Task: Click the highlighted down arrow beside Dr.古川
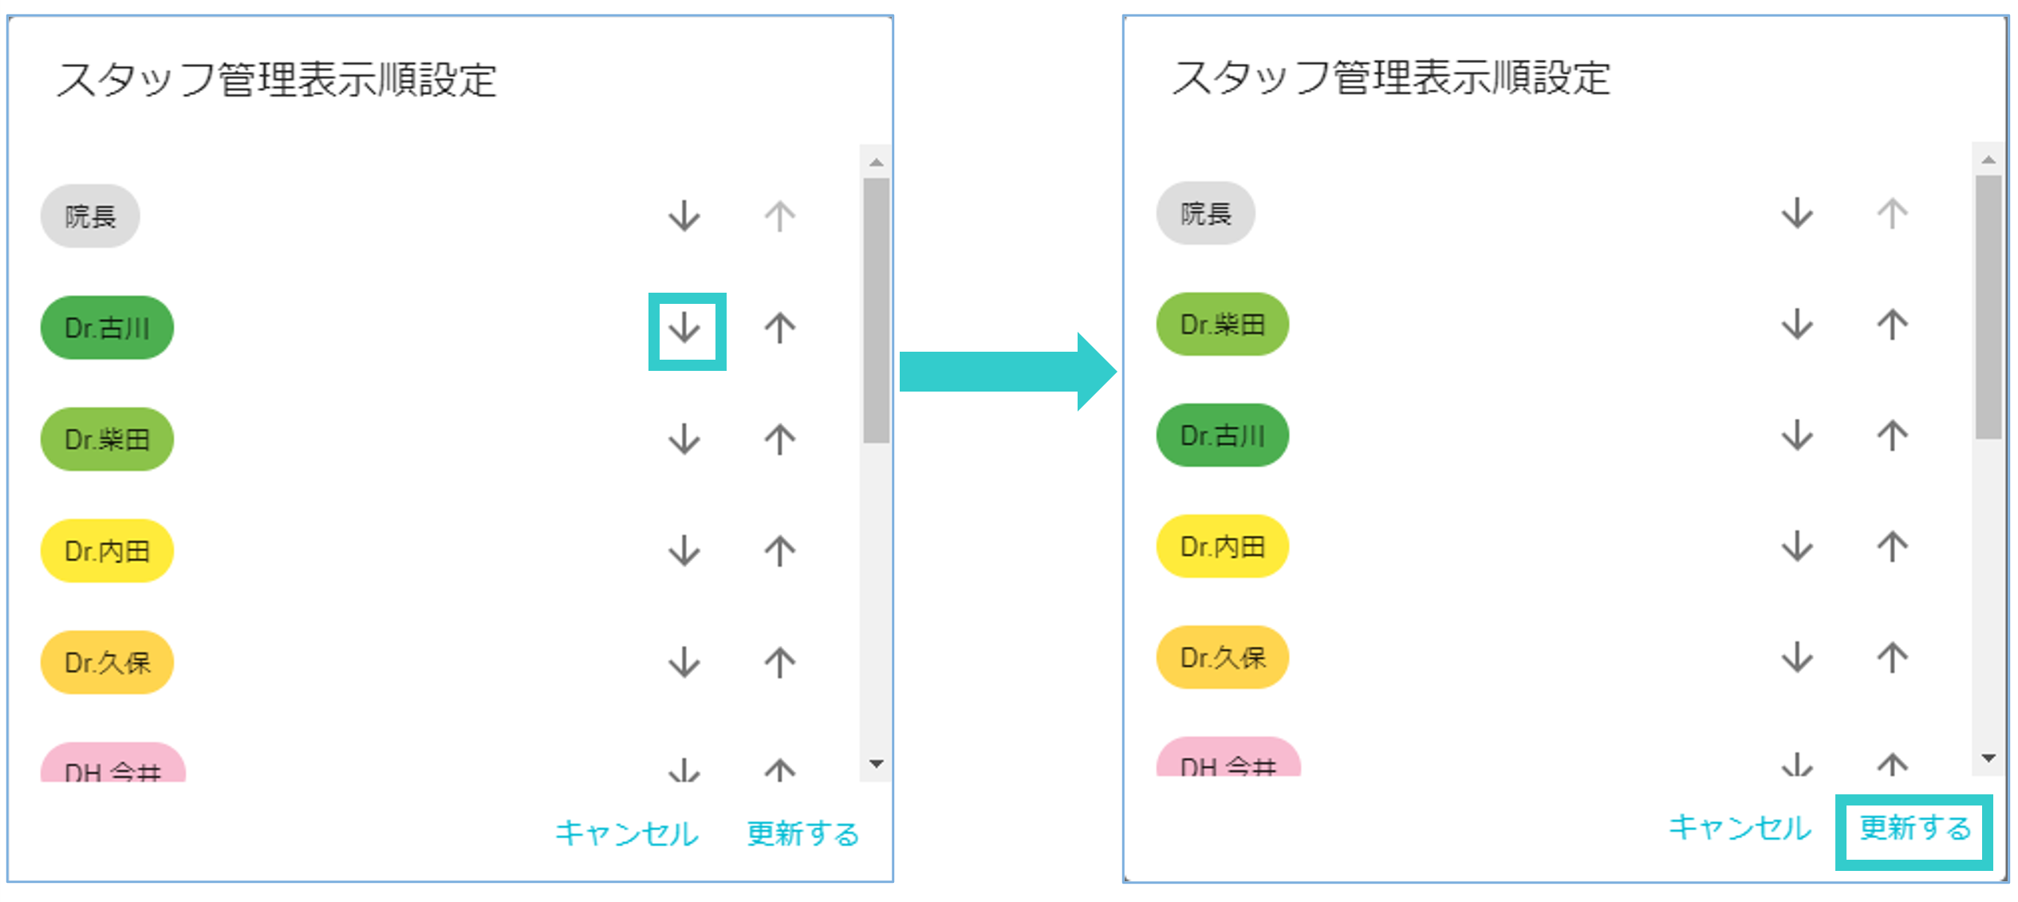tap(684, 329)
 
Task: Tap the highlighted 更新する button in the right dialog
tap(1914, 829)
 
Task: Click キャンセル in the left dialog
tap(627, 833)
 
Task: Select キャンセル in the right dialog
tap(1740, 828)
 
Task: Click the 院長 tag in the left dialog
tap(90, 216)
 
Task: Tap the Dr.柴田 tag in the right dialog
tap(1222, 325)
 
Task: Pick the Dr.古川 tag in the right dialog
tap(1222, 435)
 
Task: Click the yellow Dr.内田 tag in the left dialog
tap(107, 551)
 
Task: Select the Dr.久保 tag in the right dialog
tap(1222, 658)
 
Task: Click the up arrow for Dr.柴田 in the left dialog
tap(780, 439)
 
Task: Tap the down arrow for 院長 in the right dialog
tap(1797, 214)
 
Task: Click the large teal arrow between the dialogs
tap(1007, 372)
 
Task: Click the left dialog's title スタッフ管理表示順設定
tap(277, 81)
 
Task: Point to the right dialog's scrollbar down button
tap(1988, 758)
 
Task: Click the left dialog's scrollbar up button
tap(877, 163)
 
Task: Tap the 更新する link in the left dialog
tap(802, 833)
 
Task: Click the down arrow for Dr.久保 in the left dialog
tap(684, 663)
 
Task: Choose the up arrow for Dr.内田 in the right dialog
tap(1892, 547)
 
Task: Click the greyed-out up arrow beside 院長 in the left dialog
tap(780, 216)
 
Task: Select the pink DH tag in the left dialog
tap(112, 766)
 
